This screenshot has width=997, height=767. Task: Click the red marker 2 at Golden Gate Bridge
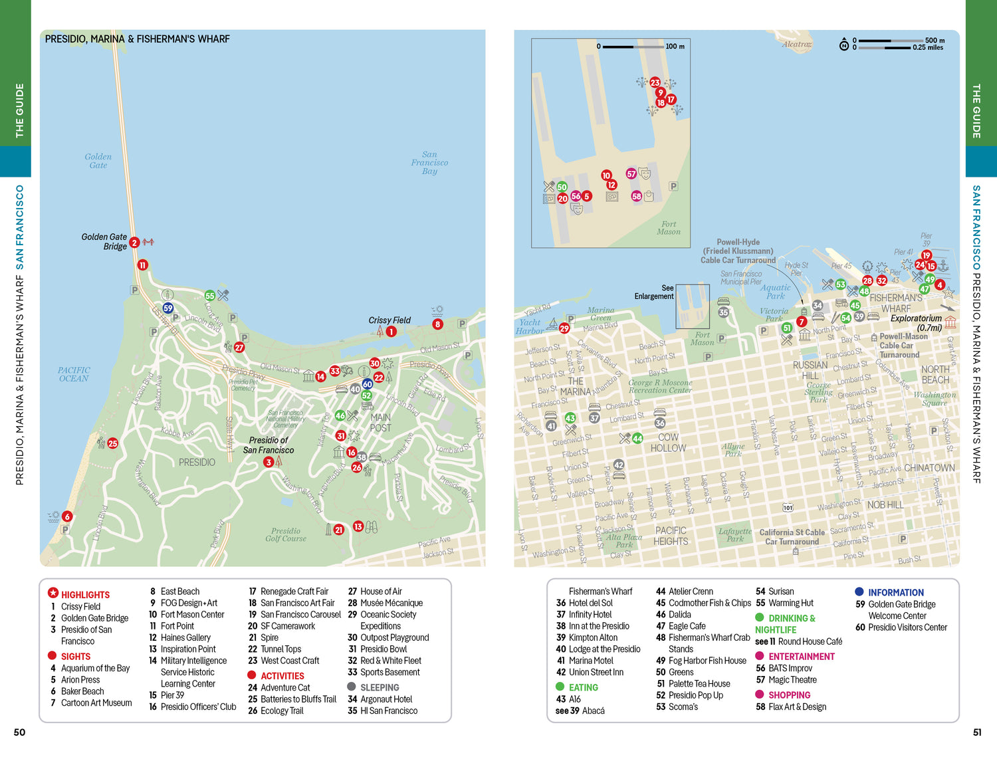(x=134, y=243)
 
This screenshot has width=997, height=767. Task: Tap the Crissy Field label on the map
(x=389, y=320)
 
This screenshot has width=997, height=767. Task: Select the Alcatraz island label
(x=796, y=45)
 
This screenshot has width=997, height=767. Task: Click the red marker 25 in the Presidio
(x=113, y=443)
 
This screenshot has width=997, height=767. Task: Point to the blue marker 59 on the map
(x=168, y=308)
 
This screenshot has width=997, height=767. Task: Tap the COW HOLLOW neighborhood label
(x=668, y=443)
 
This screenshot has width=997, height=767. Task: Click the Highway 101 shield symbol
(x=788, y=508)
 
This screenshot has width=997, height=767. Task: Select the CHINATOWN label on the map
(x=929, y=468)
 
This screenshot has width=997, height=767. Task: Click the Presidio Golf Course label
(x=286, y=534)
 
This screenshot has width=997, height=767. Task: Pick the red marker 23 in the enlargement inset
(x=655, y=82)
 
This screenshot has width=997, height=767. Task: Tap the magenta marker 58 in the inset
(x=637, y=196)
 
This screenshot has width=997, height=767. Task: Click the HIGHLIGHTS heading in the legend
(x=85, y=595)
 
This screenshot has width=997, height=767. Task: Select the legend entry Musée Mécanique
(x=391, y=603)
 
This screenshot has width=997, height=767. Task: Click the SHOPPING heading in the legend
(x=789, y=695)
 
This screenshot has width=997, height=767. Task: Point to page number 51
(x=976, y=732)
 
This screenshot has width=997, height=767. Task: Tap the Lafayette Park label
(x=735, y=535)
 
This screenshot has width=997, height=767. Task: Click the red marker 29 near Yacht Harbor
(x=564, y=328)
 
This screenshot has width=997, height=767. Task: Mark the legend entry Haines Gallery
(x=185, y=637)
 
